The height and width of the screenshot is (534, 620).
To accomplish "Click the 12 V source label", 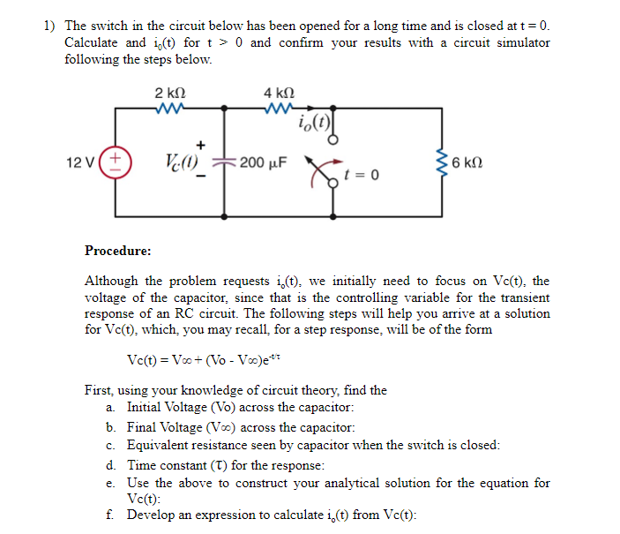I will (x=80, y=162).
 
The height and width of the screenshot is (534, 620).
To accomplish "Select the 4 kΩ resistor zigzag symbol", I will (x=279, y=109).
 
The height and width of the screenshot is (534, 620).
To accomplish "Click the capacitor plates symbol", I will (x=225, y=164).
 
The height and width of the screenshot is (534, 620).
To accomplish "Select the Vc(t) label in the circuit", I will (x=180, y=162).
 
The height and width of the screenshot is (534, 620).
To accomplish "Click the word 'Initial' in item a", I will (x=146, y=407).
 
